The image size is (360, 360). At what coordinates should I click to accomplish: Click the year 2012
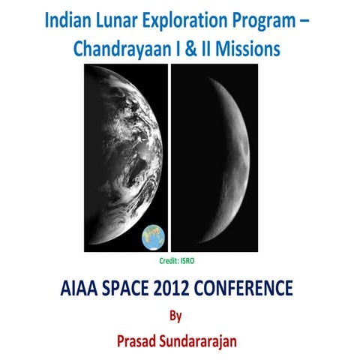[188, 287]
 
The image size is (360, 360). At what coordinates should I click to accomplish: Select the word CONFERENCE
[255, 287]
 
